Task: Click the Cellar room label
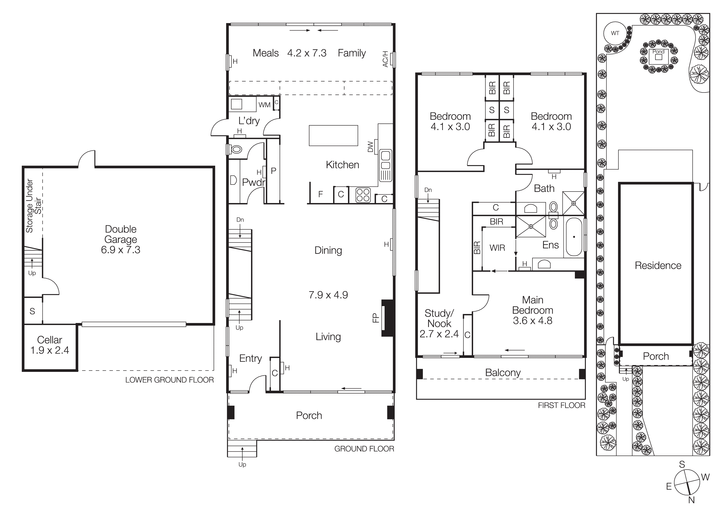click(49, 340)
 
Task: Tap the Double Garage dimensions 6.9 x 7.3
click(120, 250)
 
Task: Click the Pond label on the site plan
click(658, 52)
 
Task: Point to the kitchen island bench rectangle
click(333, 135)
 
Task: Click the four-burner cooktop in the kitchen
click(363, 195)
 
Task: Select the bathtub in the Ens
click(574, 237)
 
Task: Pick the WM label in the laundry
click(264, 105)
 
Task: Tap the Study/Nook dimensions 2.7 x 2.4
click(439, 334)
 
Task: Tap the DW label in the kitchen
click(370, 147)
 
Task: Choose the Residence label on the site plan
click(658, 265)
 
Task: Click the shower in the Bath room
click(573, 203)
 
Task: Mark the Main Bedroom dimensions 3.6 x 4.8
click(533, 321)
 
